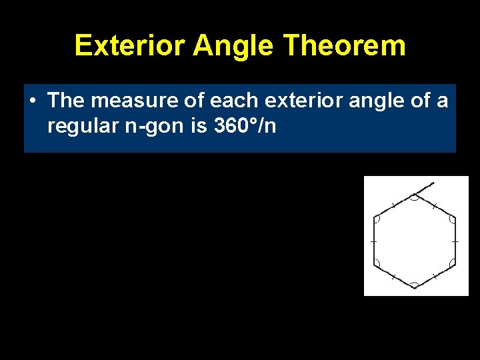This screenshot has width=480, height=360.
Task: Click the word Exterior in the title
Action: coord(130,46)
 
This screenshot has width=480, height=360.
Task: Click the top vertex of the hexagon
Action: coord(415,195)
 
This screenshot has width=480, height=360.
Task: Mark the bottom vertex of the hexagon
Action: coord(415,287)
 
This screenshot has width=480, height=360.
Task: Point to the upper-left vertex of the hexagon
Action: coord(375,217)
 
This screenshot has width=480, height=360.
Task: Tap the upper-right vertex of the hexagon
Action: coord(455,217)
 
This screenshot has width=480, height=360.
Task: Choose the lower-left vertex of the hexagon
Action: coord(375,264)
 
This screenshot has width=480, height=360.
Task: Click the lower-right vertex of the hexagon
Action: coord(455,264)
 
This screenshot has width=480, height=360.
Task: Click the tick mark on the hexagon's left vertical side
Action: coord(374,240)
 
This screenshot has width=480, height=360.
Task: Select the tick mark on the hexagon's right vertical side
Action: coord(455,240)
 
